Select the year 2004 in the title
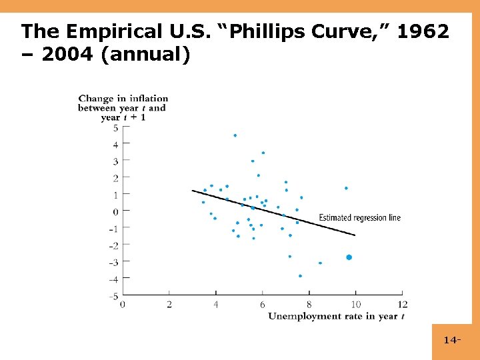pyautogui.click(x=67, y=54)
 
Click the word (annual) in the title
pyautogui.click(x=146, y=54)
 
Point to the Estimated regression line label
pyautogui.click(x=359, y=218)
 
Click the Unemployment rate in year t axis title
pyautogui.click(x=336, y=316)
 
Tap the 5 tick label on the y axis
pyautogui.click(x=115, y=128)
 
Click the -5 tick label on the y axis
pyautogui.click(x=114, y=296)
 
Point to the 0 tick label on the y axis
pyautogui.click(x=115, y=212)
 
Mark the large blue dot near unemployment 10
pyautogui.click(x=349, y=257)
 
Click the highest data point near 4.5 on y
pyautogui.click(x=235, y=135)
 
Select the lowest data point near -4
pyautogui.click(x=300, y=276)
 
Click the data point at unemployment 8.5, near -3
pyautogui.click(x=320, y=263)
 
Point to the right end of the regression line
pyautogui.click(x=355, y=235)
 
